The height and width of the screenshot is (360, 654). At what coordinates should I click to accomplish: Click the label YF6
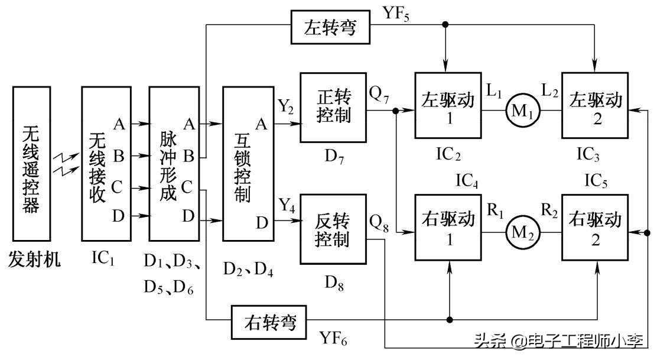pos(333,338)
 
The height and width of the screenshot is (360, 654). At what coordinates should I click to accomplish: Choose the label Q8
pos(379,223)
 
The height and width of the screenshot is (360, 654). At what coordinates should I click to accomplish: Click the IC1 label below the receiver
pos(103,259)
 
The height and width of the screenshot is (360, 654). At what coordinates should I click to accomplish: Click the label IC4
pos(467,181)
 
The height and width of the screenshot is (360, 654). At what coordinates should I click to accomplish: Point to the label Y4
pos(287,206)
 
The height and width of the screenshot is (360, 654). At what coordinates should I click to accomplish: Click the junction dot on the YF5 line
pos(445,24)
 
